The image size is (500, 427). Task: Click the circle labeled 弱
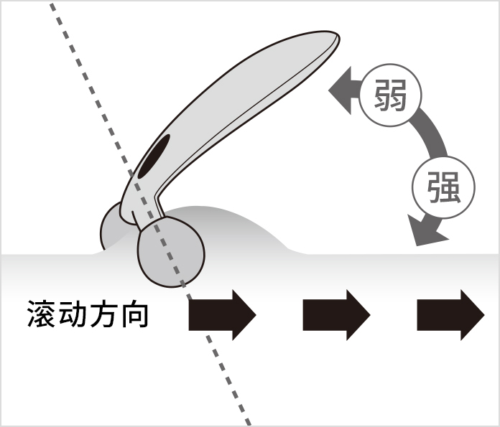click(390, 95)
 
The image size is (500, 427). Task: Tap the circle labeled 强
click(443, 187)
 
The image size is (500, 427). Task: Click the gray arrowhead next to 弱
click(341, 90)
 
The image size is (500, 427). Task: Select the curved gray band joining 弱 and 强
click(431, 133)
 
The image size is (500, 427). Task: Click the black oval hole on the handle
click(154, 156)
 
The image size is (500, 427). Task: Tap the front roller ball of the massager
click(171, 252)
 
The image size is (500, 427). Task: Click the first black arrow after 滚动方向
click(222, 315)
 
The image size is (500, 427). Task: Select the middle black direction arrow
click(336, 315)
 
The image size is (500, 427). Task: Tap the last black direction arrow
click(450, 315)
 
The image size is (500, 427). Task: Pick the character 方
click(103, 314)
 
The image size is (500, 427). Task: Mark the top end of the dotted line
click(51, 4)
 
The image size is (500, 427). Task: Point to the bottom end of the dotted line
click(249, 423)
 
